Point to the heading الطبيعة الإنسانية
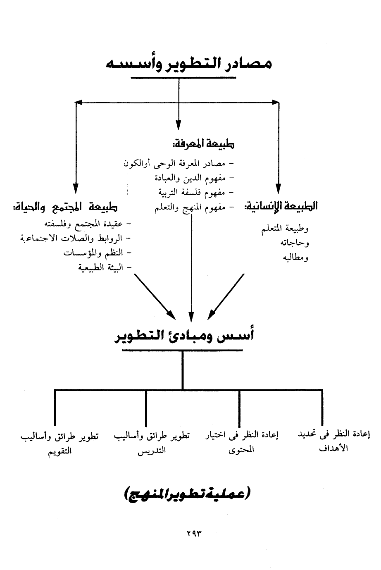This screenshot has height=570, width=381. [x=281, y=206]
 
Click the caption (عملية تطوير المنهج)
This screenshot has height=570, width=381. [x=188, y=494]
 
